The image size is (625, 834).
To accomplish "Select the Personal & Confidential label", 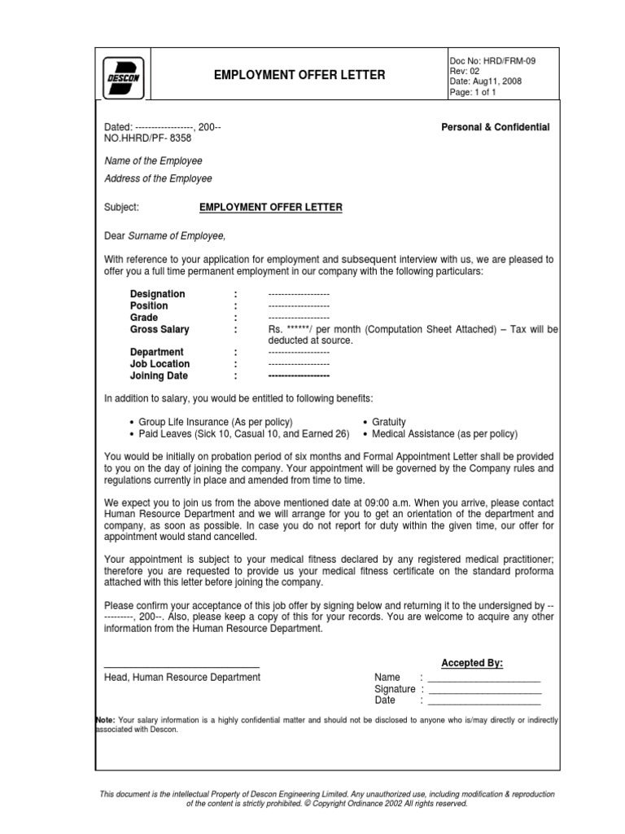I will (495, 127).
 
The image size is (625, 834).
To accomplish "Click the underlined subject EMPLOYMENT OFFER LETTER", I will (271, 208).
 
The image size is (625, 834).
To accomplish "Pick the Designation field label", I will (157, 294).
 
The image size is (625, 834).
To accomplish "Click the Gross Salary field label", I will (160, 330).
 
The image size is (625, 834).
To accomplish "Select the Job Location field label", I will (160, 364).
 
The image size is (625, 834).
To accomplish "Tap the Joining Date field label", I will (159, 376).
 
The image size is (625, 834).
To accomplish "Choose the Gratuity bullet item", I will (388, 422).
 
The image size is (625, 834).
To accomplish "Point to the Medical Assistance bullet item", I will (444, 434).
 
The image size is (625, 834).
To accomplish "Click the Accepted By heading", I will (472, 663).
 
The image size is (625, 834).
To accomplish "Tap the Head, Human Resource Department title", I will (182, 678).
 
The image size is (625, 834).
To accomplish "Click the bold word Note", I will (105, 720).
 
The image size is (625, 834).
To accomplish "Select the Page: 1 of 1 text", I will (473, 92).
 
